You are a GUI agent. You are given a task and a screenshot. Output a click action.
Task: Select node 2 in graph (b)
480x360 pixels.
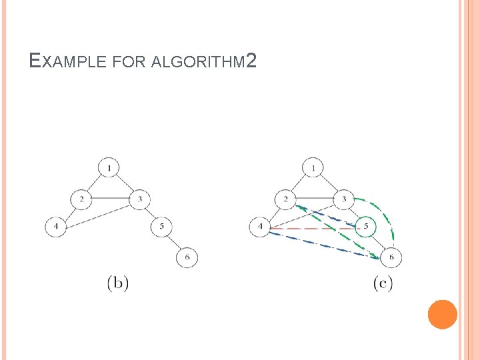tap(81, 199)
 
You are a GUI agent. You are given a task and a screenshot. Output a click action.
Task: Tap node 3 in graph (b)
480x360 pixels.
tap(140, 199)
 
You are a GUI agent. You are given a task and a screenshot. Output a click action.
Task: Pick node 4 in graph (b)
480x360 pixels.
tap(56, 227)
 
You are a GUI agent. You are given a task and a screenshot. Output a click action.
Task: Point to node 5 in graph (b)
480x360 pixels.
tap(162, 227)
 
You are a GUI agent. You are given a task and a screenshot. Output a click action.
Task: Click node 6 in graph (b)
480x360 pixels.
tap(187, 257)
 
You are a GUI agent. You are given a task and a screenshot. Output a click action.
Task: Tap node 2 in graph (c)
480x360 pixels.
tap(285, 199)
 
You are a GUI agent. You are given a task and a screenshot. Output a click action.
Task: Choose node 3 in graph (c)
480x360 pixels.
tap(343, 199)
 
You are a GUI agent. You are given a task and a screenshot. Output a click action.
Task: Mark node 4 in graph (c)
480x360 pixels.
tap(259, 227)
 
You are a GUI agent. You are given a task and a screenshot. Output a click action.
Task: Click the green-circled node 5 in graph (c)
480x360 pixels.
tap(365, 227)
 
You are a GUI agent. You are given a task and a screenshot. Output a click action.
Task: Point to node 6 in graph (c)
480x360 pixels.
tap(391, 257)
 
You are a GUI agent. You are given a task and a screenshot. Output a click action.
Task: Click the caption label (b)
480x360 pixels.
tap(118, 283)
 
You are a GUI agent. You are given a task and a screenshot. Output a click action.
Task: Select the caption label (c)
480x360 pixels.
tap(382, 283)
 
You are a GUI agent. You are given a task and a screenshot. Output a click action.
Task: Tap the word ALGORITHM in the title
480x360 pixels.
tap(198, 63)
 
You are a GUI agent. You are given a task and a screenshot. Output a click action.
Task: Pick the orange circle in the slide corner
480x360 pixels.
tap(442, 314)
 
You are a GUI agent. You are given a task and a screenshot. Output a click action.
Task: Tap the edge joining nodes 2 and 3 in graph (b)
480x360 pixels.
tap(111, 199)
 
